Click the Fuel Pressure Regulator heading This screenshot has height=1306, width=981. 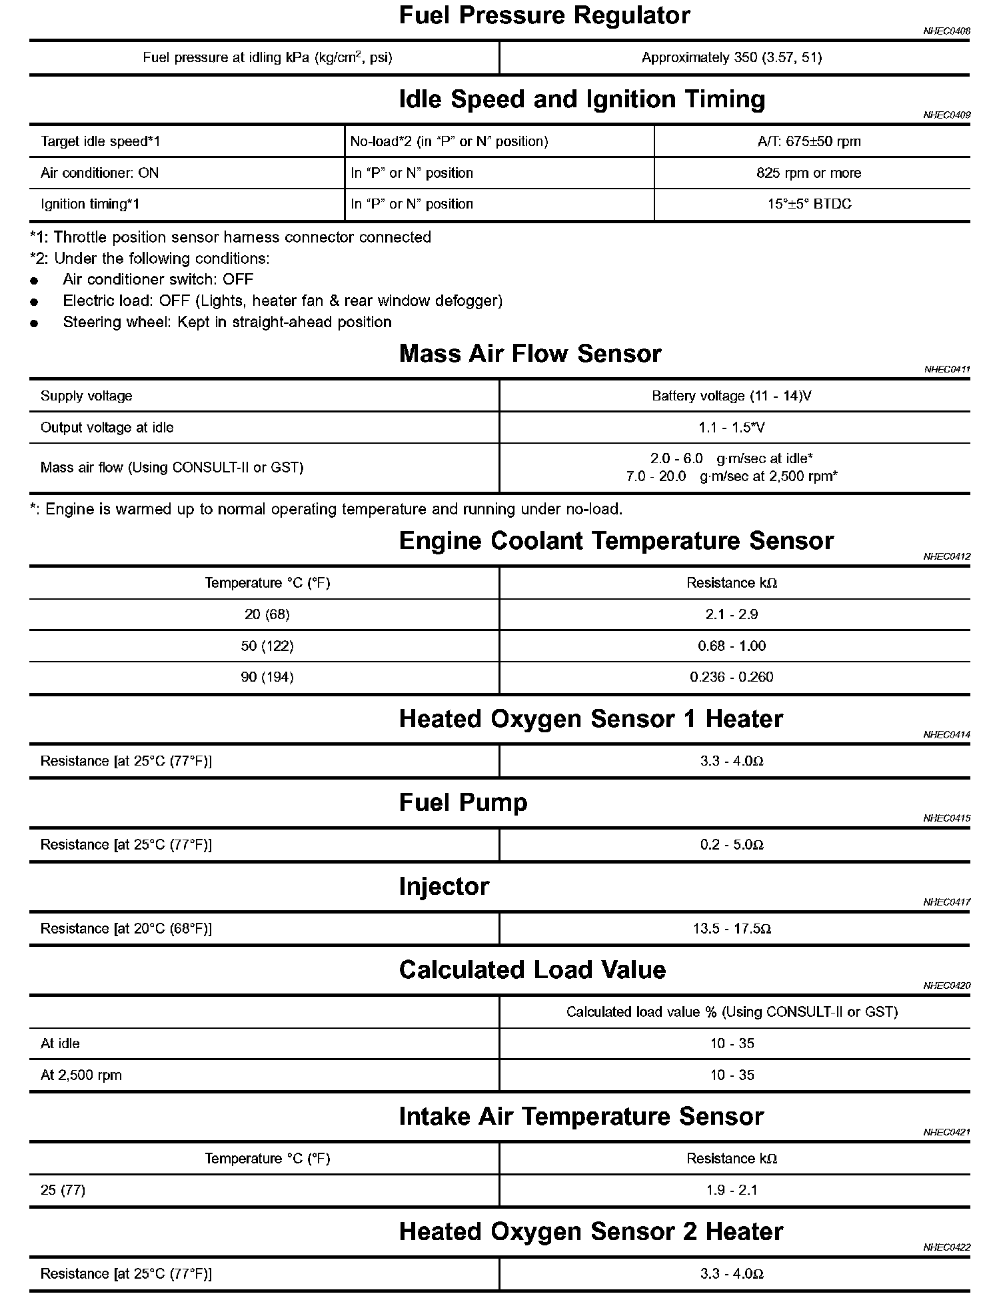pos(544,16)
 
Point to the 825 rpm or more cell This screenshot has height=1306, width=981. pos(808,173)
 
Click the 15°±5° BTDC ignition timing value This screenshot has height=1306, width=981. pos(809,204)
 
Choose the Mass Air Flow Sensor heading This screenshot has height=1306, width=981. pos(530,354)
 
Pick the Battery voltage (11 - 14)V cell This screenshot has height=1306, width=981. pos(731,396)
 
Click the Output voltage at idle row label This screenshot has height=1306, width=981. pos(107,428)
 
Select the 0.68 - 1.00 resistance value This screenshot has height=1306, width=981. pos(732,646)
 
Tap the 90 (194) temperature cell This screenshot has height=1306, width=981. pos(267,677)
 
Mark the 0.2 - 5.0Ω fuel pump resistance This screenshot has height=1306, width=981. pos(732,845)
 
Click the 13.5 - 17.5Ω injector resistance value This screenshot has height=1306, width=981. pos(732,929)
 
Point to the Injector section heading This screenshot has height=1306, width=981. pos(444,887)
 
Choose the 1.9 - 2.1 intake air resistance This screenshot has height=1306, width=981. pos(732,1190)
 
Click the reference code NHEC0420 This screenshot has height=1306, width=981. pos(946,985)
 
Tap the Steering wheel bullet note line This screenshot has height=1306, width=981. pos(227,323)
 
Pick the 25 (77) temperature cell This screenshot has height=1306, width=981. pos(63,1190)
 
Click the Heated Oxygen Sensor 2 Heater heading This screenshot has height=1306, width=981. pos(590,1232)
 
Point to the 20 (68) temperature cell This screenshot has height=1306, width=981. pos(267,614)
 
